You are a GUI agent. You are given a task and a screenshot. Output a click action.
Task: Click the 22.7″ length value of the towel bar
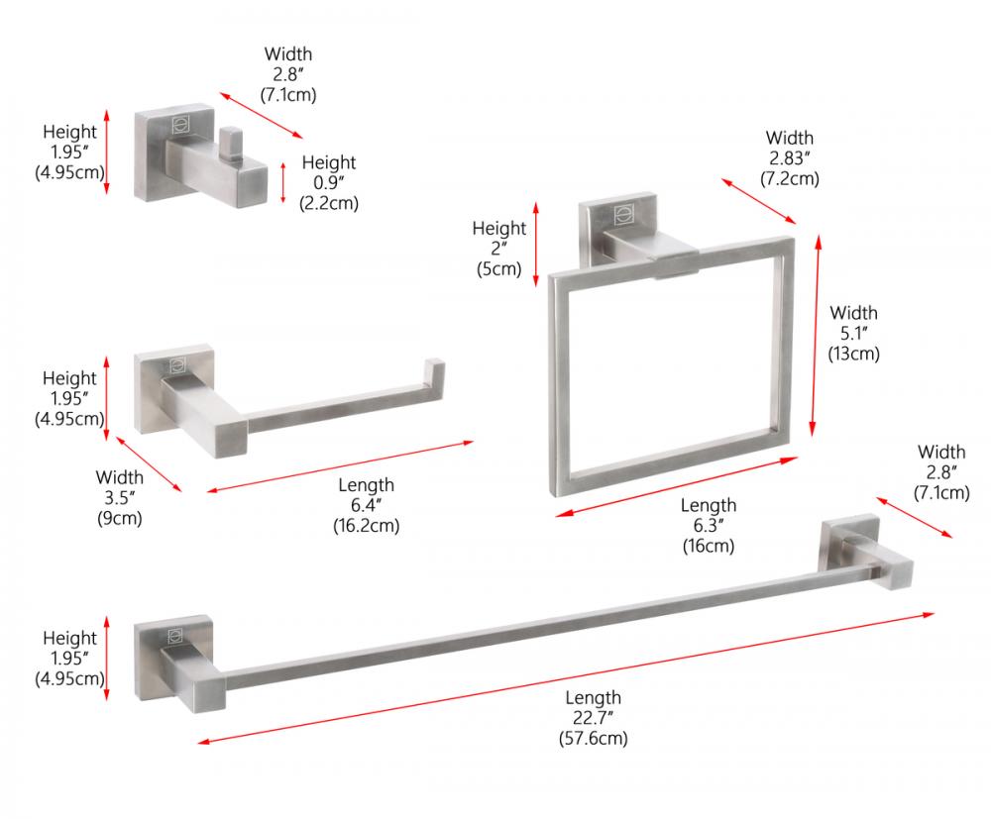[593, 717]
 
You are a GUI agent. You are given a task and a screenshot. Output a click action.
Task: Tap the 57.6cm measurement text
[593, 738]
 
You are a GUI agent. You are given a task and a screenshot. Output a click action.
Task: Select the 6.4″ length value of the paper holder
[366, 505]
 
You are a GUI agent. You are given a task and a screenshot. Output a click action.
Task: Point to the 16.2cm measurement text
[366, 526]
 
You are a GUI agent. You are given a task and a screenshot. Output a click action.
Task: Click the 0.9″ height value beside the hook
[329, 182]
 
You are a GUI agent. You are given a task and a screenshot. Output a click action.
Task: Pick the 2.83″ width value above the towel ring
[790, 157]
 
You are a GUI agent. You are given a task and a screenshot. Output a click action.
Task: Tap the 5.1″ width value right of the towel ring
[853, 333]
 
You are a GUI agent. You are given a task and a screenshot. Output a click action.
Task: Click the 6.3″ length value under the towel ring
[708, 526]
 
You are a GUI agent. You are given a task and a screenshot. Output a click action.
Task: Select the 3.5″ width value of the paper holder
[120, 497]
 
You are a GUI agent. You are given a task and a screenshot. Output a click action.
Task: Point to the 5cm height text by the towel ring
[498, 269]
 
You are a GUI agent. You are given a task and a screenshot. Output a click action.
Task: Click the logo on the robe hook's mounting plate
[180, 125]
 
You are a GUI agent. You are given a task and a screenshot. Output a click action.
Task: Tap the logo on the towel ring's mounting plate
[623, 215]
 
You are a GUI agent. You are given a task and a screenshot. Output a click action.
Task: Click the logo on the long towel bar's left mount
[175, 637]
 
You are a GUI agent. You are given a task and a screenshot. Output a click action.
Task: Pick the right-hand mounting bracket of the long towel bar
[866, 552]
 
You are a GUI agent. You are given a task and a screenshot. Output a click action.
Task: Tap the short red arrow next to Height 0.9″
[283, 183]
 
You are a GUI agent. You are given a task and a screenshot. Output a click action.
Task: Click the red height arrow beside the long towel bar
[107, 659]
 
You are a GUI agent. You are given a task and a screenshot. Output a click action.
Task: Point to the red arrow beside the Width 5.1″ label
[816, 336]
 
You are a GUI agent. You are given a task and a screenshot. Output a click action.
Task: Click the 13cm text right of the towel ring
[854, 354]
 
